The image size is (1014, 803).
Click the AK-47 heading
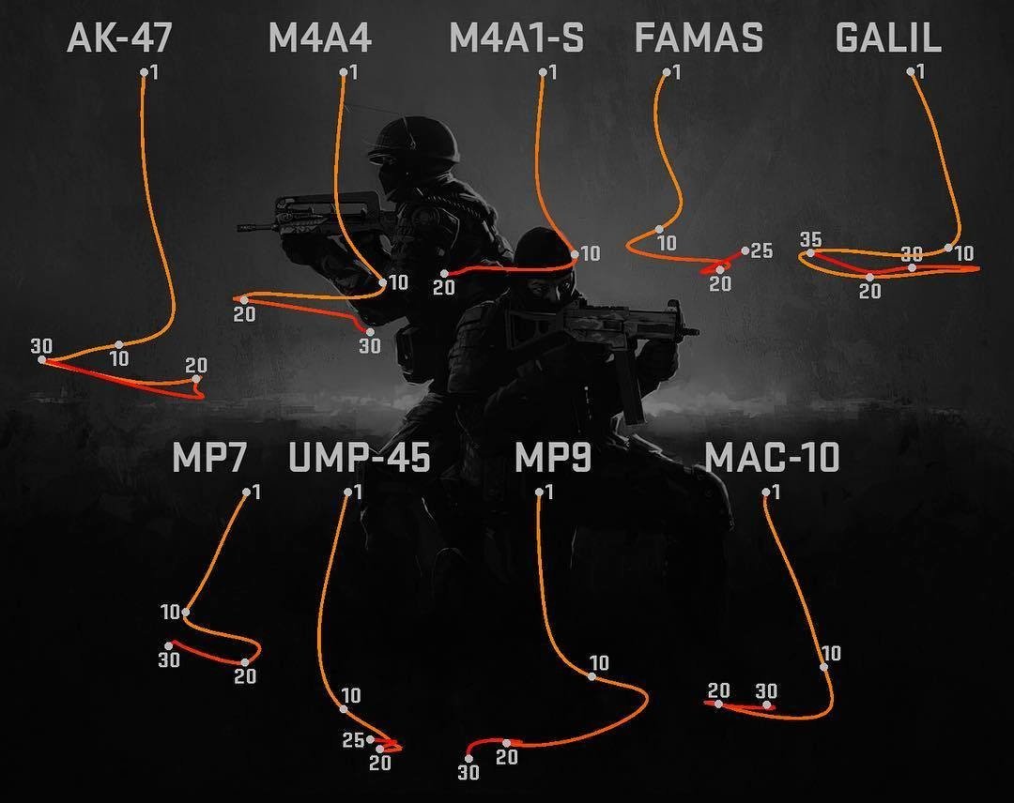pyautogui.click(x=119, y=38)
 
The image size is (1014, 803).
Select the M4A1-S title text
pyautogui.click(x=516, y=38)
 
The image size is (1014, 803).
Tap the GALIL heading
pyautogui.click(x=888, y=38)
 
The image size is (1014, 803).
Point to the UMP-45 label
pyautogui.click(x=359, y=458)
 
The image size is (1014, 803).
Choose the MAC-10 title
pyautogui.click(x=772, y=458)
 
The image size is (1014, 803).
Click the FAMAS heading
pyautogui.click(x=699, y=38)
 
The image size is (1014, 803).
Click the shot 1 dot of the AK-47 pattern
pyautogui.click(x=145, y=72)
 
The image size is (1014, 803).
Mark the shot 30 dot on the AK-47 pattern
pyautogui.click(x=41, y=360)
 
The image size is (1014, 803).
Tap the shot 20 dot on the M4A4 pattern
pyautogui.click(x=244, y=300)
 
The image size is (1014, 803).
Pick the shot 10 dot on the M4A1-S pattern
pyautogui.click(x=575, y=254)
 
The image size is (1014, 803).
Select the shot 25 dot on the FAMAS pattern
pyautogui.click(x=745, y=250)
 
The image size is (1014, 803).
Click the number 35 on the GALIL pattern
pyautogui.click(x=811, y=240)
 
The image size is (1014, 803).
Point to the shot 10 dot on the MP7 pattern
pyautogui.click(x=186, y=612)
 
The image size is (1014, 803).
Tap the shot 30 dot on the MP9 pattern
pyautogui.click(x=469, y=758)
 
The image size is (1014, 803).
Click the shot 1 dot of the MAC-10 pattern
pyautogui.click(x=766, y=492)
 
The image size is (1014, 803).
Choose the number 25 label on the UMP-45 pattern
pyautogui.click(x=354, y=740)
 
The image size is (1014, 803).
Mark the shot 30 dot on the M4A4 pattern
pyautogui.click(x=370, y=332)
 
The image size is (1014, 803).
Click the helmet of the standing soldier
pyautogui.click(x=414, y=139)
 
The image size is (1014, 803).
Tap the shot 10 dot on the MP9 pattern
pyautogui.click(x=591, y=676)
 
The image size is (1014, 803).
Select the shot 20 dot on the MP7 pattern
pyautogui.click(x=245, y=662)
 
